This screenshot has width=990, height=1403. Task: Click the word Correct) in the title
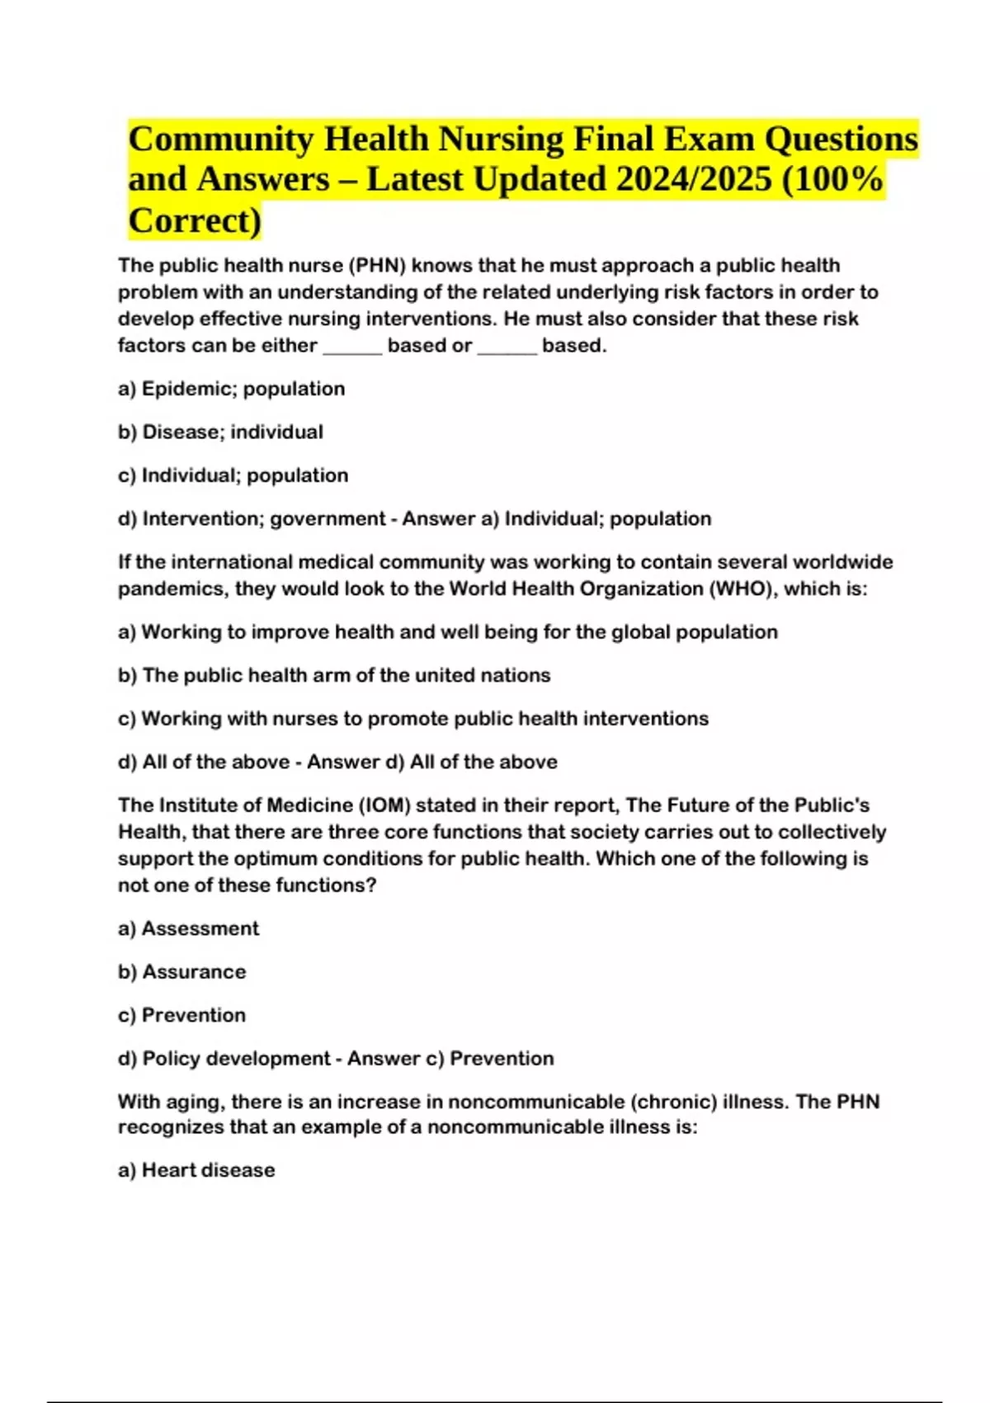pos(195,220)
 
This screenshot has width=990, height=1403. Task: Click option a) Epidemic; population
pos(232,389)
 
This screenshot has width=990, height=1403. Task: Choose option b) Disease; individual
pos(220,432)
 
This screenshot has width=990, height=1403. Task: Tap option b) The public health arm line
pos(334,675)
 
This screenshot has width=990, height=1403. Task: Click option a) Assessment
pos(188,928)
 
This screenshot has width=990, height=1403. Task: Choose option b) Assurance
pos(181,971)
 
